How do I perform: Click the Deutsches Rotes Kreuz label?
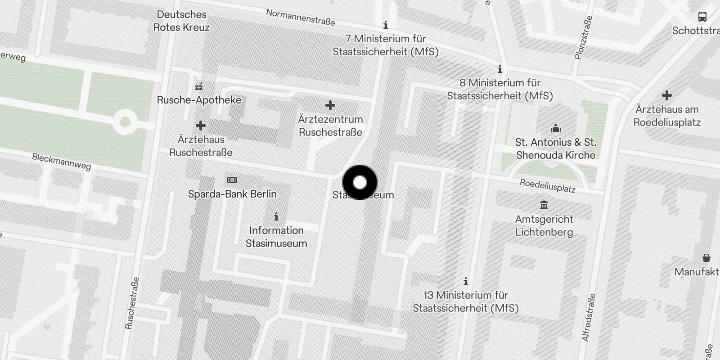[x=181, y=21]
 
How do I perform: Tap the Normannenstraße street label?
[x=300, y=17]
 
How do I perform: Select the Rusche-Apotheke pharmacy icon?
[x=199, y=86]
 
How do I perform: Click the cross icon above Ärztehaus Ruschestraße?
[x=201, y=126]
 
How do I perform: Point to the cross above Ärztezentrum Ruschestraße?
[x=330, y=106]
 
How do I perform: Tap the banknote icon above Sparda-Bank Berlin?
[x=232, y=180]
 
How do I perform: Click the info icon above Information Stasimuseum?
[x=276, y=217]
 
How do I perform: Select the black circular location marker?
[x=360, y=182]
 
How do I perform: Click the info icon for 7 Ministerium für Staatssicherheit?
[x=386, y=25]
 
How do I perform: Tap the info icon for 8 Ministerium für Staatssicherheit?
[x=499, y=69]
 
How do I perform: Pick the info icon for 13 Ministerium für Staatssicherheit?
[x=466, y=282]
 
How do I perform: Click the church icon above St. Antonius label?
[x=556, y=129]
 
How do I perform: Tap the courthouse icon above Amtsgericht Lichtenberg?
[x=544, y=205]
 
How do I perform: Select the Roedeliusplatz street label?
[x=547, y=185]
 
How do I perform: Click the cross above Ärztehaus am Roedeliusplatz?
[x=667, y=95]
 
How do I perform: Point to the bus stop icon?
[x=702, y=17]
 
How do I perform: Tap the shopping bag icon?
[x=706, y=258]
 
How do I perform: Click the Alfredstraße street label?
[x=589, y=318]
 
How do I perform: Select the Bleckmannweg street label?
[x=61, y=162]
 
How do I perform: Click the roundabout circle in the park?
[x=125, y=122]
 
